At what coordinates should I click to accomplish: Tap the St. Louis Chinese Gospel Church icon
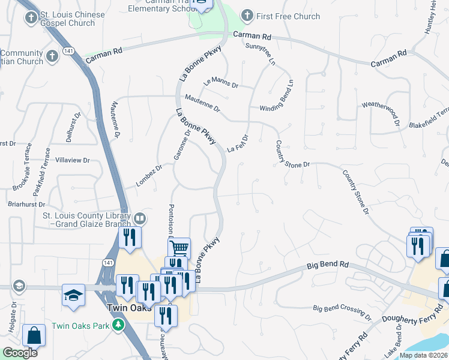(x=31, y=18)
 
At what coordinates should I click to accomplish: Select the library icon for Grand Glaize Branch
(x=139, y=218)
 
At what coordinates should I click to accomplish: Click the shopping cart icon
(x=179, y=247)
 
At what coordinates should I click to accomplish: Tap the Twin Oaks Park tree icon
(x=119, y=325)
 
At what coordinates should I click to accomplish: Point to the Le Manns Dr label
(x=220, y=82)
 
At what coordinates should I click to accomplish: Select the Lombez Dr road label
(x=149, y=175)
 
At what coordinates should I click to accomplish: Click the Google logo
(x=19, y=353)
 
